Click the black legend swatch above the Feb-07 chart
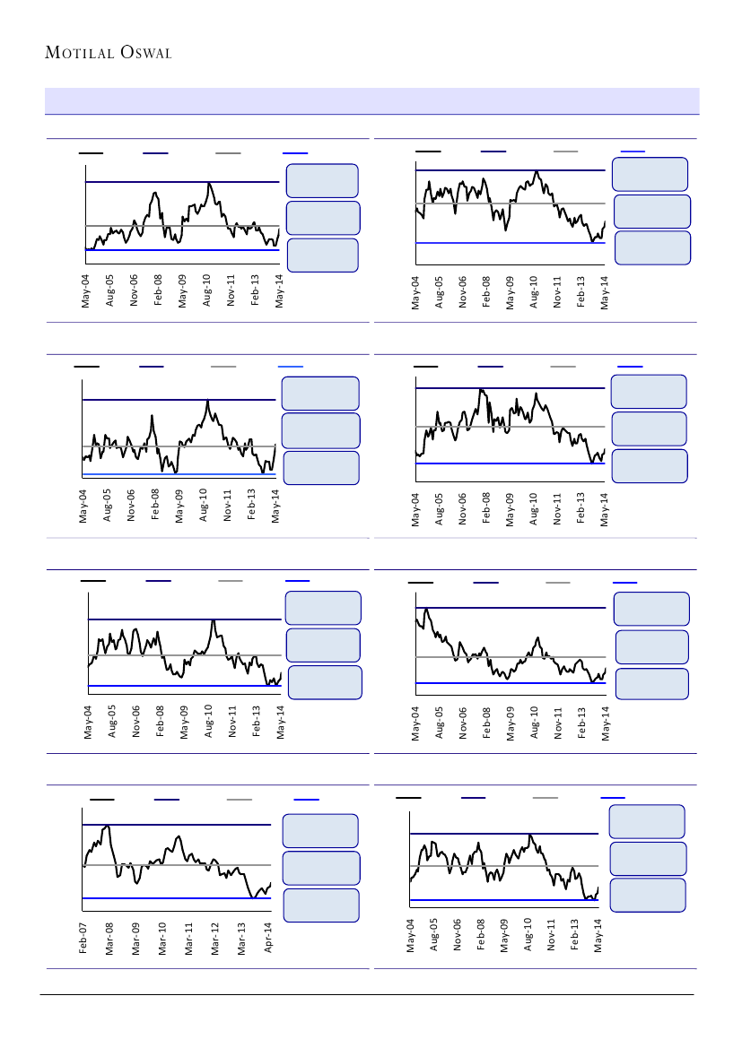point(102,798)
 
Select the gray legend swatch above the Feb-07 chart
point(240,798)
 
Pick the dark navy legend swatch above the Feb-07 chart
point(167,798)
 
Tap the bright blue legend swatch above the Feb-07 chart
point(307,798)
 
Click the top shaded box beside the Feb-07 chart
point(320,830)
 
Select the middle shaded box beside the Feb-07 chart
point(321,868)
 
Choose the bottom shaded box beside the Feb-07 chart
point(320,905)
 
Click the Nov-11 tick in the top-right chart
point(558,292)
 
